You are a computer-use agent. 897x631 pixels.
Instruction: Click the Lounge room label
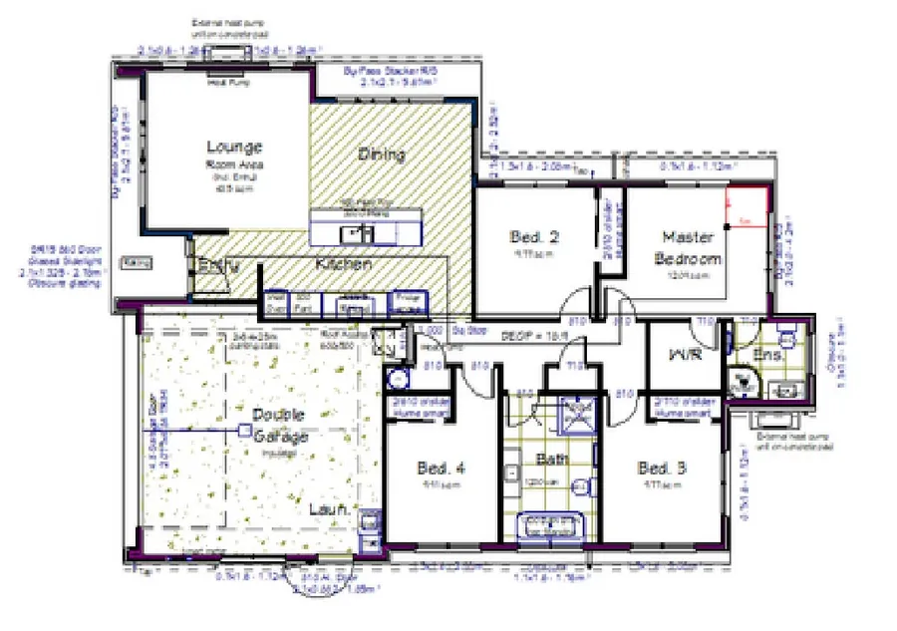coord(234,147)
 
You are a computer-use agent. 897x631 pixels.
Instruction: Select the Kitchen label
coord(344,265)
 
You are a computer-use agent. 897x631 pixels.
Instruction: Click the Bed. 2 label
coord(533,237)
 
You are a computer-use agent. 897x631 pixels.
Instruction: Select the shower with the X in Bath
coord(577,415)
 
